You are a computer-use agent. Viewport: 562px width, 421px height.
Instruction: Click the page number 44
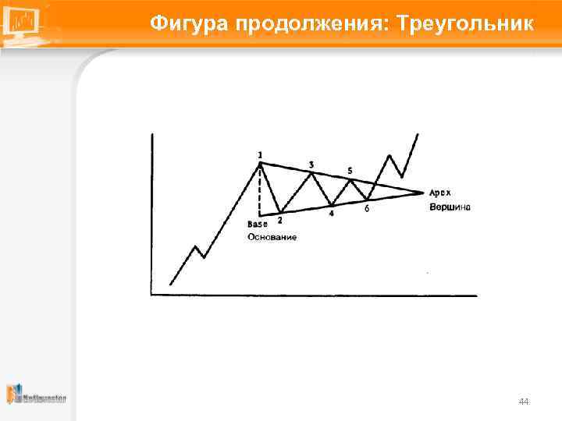tap(524, 402)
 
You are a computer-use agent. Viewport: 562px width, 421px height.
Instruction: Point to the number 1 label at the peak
tap(260, 154)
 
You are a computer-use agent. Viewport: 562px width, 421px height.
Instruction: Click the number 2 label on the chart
tap(279, 221)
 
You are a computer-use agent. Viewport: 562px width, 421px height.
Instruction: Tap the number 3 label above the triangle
tap(311, 165)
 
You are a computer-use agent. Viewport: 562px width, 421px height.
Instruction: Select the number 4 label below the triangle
tap(332, 214)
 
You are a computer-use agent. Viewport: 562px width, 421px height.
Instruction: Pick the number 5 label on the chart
tap(350, 170)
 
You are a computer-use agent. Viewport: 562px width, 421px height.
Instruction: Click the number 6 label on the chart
tap(367, 208)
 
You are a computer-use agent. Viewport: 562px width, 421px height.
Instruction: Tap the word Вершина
tap(450, 207)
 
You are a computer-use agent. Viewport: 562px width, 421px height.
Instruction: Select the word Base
tap(258, 225)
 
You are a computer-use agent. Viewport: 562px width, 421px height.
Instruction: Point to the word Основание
tap(272, 236)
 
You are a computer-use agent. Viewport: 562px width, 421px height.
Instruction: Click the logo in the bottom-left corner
tap(36, 394)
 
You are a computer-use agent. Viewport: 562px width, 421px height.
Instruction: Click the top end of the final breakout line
tap(418, 134)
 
